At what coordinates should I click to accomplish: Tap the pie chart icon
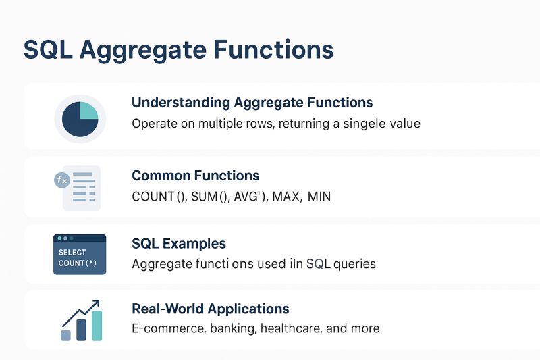[80, 118]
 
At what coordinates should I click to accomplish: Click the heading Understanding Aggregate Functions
[252, 103]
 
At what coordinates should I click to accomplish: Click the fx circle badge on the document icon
[61, 180]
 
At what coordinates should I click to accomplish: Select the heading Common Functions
[195, 176]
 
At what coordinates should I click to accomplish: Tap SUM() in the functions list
[208, 197]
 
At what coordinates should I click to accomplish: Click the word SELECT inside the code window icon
[72, 252]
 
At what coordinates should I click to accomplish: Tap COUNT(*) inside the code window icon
[77, 263]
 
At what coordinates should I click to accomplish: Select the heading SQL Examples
[179, 243]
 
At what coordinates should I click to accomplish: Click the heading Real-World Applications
[211, 309]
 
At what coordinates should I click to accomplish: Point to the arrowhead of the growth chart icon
[96, 303]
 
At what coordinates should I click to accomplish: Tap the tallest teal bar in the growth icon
[97, 326]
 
